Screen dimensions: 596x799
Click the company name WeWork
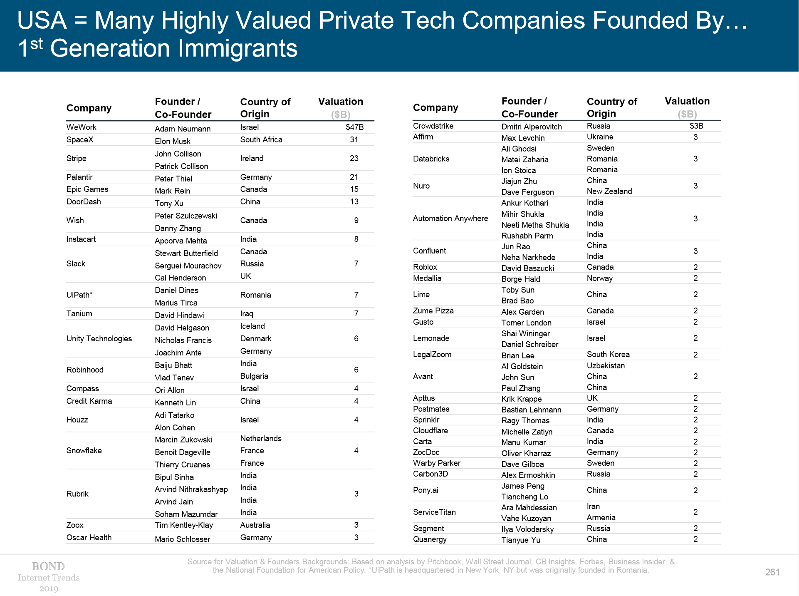81,127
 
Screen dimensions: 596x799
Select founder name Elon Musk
172,141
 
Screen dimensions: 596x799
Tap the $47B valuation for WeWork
354,127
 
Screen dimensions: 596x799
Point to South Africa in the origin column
261,139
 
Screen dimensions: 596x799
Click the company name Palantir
79,177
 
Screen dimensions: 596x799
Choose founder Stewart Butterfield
186,253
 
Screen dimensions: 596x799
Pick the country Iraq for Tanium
246,313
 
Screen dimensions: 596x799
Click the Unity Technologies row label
99,338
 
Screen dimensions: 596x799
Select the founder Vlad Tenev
174,377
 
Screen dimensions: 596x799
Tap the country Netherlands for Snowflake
260,438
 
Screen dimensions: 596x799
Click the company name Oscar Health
89,537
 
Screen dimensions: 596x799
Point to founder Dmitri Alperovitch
531,127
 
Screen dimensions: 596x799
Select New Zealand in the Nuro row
609,191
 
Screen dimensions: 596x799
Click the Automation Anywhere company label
450,218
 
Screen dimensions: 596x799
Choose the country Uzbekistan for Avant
606,365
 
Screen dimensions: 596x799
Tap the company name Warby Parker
436,463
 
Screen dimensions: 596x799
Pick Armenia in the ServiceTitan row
601,517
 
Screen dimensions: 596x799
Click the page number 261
772,572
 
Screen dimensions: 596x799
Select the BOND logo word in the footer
48,566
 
